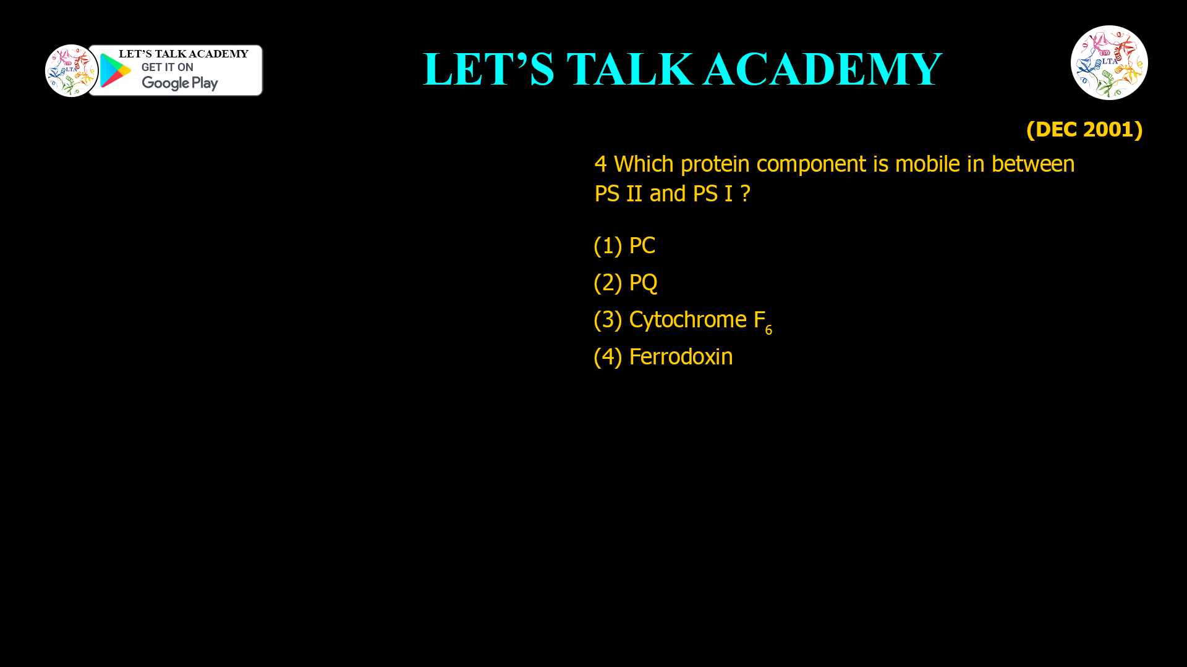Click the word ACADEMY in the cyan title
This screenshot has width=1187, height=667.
(x=822, y=69)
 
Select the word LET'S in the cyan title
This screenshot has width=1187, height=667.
(x=488, y=69)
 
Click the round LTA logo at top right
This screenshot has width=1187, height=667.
(x=1109, y=62)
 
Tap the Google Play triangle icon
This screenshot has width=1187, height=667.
(x=115, y=70)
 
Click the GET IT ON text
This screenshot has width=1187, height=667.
(x=167, y=67)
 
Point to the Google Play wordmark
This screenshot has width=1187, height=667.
(x=179, y=83)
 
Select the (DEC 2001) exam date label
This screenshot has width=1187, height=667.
(x=1084, y=129)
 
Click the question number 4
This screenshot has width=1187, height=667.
(x=600, y=164)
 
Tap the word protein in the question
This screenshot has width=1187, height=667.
(x=715, y=164)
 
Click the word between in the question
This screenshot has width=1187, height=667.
(x=1032, y=164)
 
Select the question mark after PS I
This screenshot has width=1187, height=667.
(x=746, y=194)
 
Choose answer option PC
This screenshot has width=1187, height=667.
(x=642, y=246)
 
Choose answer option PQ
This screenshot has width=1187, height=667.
(x=643, y=283)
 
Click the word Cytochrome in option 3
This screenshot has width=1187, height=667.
(x=687, y=320)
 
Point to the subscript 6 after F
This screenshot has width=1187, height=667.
(x=768, y=330)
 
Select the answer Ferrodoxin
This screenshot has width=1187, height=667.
(x=680, y=357)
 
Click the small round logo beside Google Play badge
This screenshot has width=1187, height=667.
(x=71, y=70)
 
